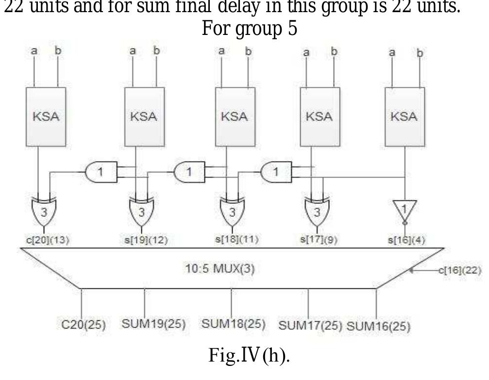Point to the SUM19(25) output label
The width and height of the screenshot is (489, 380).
click(x=153, y=324)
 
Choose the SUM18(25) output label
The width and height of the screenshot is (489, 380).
click(x=233, y=324)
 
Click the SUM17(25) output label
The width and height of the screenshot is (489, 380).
click(x=310, y=325)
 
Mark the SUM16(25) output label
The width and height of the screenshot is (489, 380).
click(x=378, y=326)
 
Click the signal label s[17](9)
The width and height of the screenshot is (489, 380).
click(x=316, y=239)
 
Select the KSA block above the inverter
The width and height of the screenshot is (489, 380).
click(x=405, y=117)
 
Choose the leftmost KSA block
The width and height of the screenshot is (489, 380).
click(x=46, y=117)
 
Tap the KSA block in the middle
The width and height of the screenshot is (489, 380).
click(x=235, y=117)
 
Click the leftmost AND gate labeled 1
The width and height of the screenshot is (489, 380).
click(x=101, y=172)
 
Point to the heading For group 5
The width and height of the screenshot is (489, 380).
click(x=249, y=29)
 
